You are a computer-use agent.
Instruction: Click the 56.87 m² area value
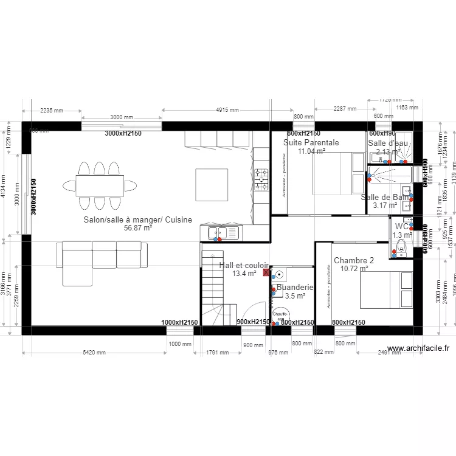(x=137, y=228)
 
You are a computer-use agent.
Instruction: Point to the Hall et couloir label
(x=244, y=266)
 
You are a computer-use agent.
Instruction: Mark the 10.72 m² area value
(x=354, y=268)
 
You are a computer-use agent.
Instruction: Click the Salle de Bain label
(x=385, y=198)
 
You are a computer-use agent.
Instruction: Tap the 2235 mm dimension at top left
(x=52, y=111)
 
